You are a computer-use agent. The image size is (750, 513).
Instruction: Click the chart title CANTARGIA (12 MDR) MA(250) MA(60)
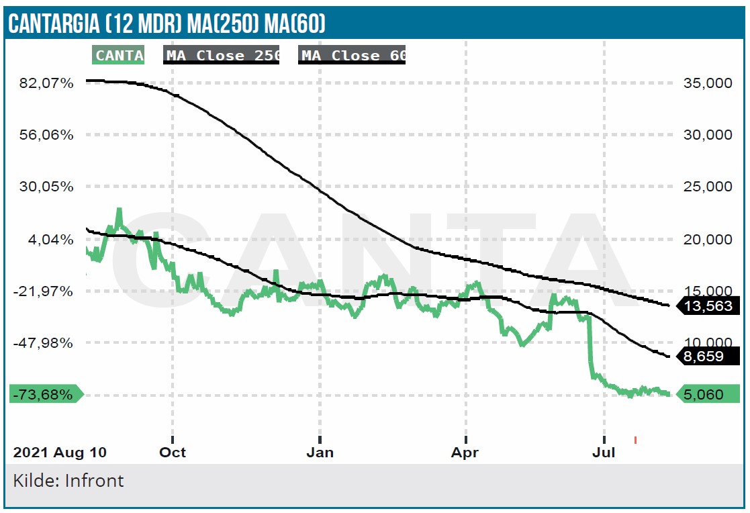click(x=167, y=24)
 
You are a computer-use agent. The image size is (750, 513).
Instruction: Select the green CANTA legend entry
click(x=119, y=56)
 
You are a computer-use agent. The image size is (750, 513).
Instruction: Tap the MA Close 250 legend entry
click(x=222, y=56)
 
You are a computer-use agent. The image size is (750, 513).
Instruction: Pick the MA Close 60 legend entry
click(x=353, y=56)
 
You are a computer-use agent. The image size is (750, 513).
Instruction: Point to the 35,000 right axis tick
click(x=708, y=83)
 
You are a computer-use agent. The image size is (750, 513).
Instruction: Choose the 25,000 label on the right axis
click(x=708, y=187)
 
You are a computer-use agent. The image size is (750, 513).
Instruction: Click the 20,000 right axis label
click(x=708, y=240)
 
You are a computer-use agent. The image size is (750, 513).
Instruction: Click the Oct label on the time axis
click(x=173, y=453)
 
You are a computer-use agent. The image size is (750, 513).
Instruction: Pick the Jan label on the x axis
click(x=320, y=453)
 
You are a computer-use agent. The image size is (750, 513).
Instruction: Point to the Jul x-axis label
click(x=604, y=453)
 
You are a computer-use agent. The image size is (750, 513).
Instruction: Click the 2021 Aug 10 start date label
click(x=60, y=453)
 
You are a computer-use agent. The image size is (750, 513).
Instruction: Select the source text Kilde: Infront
click(x=68, y=481)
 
